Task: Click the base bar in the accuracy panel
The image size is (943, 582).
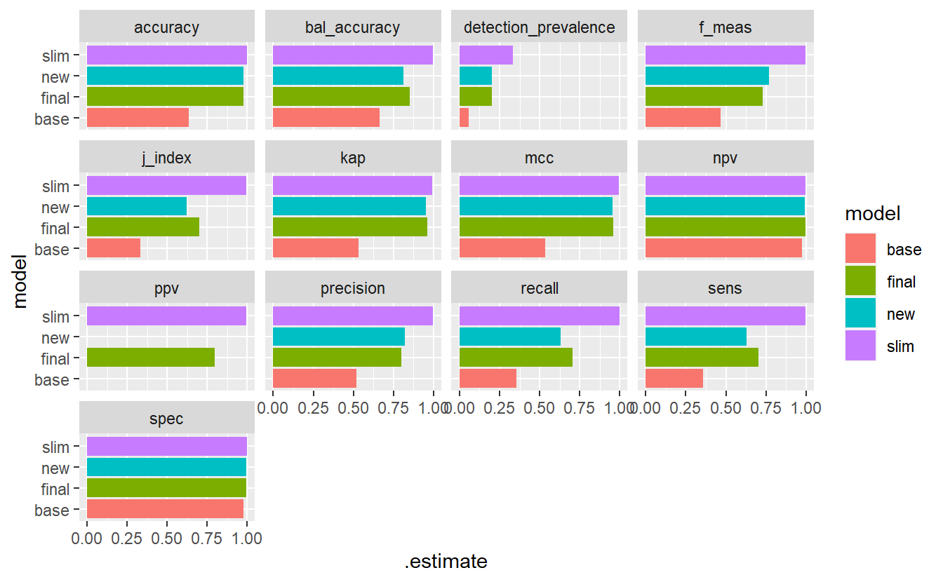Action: [138, 119]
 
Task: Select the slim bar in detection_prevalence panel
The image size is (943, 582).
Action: [486, 55]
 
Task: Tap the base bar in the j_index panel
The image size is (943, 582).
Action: [114, 249]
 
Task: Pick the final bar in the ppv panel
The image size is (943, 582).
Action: [150, 358]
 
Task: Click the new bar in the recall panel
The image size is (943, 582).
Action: [510, 337]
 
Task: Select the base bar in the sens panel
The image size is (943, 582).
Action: [674, 379]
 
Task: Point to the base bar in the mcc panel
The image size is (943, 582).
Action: [502, 249]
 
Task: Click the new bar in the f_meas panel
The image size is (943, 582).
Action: [707, 76]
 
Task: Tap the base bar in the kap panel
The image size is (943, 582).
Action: [316, 249]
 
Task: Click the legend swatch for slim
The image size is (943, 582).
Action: [861, 346]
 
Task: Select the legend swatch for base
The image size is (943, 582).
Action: [861, 249]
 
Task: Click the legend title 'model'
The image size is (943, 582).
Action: [873, 213]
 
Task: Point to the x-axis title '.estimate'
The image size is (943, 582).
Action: [446, 562]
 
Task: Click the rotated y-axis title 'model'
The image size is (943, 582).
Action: [21, 282]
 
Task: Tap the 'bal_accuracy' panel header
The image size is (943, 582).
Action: [353, 28]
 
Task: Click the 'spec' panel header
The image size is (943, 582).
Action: [166, 419]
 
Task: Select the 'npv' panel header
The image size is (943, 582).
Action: [725, 158]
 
